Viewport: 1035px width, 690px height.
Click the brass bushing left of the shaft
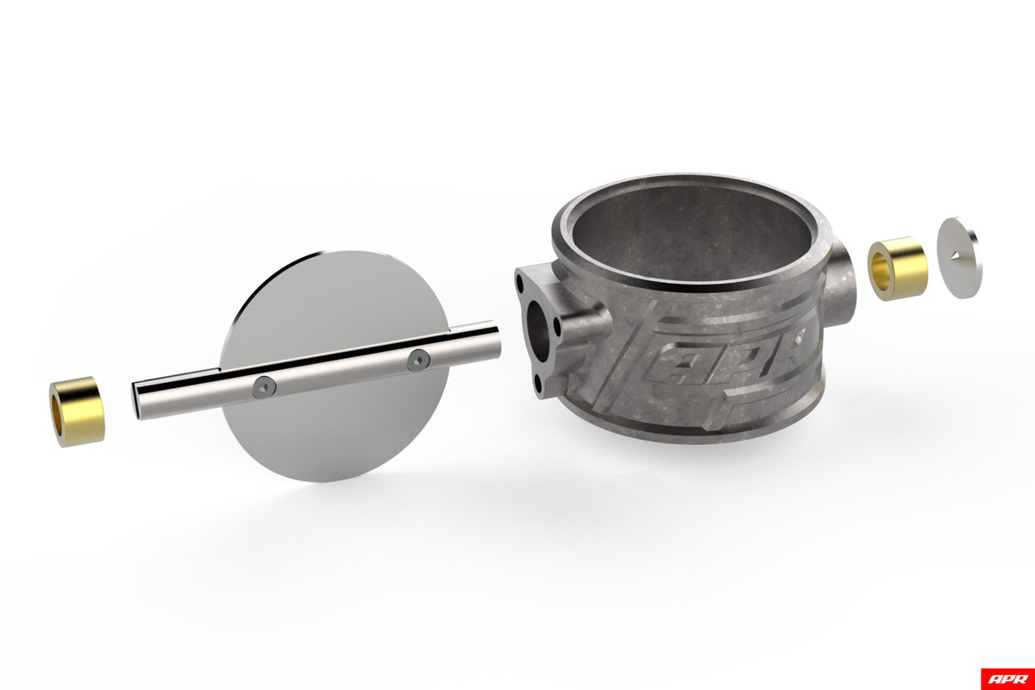tap(78, 411)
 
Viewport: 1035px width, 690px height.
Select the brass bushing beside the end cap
tap(897, 268)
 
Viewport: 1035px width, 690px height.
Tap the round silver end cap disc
tap(960, 258)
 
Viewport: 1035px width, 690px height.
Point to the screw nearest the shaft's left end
tap(264, 386)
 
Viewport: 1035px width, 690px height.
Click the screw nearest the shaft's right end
tap(418, 360)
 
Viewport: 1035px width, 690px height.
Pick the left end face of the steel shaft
tap(137, 400)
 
